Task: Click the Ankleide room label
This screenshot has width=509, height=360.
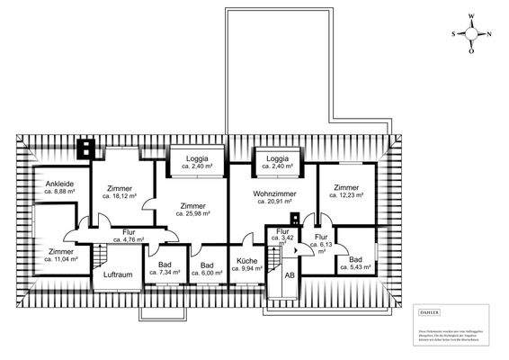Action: click(53, 183)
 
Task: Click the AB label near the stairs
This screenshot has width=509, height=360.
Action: click(290, 276)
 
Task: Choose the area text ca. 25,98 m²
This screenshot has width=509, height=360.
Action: click(192, 214)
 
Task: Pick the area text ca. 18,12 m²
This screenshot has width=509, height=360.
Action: click(119, 195)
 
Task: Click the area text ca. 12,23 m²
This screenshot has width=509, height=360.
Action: click(346, 195)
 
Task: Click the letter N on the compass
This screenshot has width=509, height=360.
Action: click(488, 35)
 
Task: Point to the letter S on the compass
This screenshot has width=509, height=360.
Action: click(454, 34)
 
